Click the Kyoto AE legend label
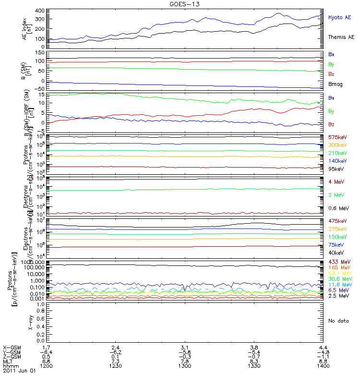(340, 17)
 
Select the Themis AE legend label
(341, 37)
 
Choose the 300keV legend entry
(337, 145)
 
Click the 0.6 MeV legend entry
(338, 208)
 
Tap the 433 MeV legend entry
(339, 262)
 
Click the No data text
(338, 321)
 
